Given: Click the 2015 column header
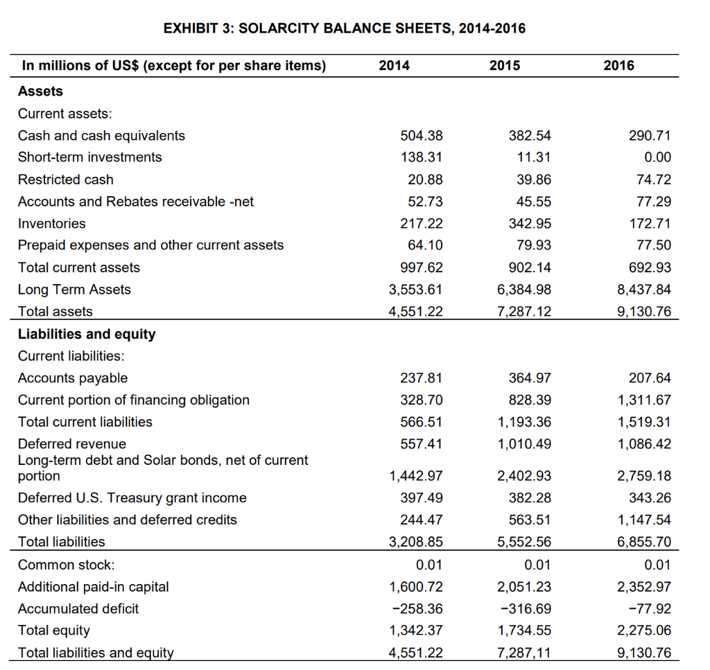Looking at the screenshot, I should [x=504, y=66].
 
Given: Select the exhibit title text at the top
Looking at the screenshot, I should [x=344, y=28].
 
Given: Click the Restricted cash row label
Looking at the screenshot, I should [x=65, y=179].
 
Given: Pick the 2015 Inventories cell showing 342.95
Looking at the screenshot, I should [x=530, y=223].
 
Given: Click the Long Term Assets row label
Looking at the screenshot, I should [x=74, y=290].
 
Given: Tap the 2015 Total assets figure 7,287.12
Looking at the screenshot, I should [x=525, y=312].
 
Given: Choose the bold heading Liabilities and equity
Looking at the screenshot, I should [x=87, y=334].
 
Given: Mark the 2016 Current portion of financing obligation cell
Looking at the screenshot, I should [x=644, y=400].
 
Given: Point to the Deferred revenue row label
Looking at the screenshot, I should [x=72, y=443].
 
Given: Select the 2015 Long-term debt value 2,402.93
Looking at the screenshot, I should [x=525, y=476].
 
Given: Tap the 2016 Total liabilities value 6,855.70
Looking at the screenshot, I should [x=644, y=542].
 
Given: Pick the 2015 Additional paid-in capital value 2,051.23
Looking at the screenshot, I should [x=525, y=587].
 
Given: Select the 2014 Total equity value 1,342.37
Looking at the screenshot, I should [x=416, y=631].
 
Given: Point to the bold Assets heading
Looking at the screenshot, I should [x=40, y=91].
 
